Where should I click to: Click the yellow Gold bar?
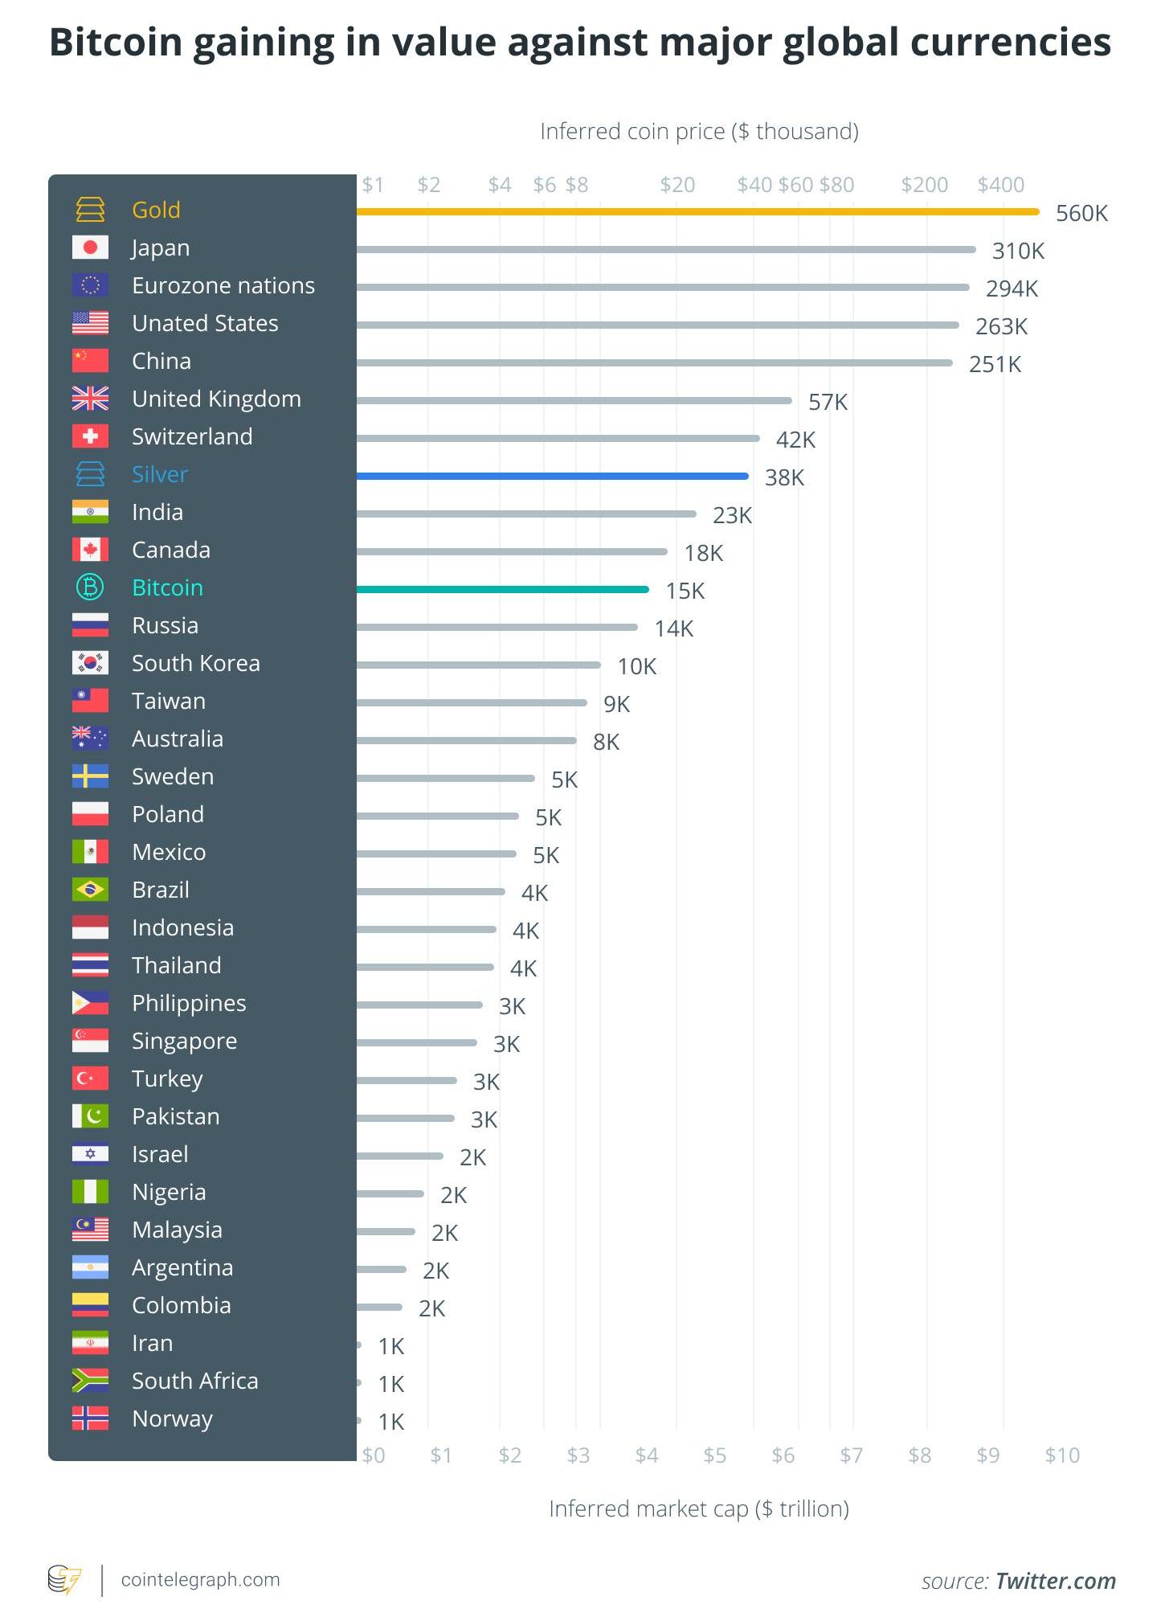697,211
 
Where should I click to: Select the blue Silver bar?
553,476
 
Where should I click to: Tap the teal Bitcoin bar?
502,589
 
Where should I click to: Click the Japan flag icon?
90,248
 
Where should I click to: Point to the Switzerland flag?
90,436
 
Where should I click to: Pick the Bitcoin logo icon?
90,587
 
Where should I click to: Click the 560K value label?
1081,213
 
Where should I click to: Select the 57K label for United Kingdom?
828,402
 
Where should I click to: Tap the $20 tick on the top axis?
677,185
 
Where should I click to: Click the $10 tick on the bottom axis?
1061,1455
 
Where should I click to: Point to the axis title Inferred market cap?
698,1508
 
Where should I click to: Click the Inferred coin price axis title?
699,131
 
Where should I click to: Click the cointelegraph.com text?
200,1579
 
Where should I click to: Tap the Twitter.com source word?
1055,1581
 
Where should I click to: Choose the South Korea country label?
196,663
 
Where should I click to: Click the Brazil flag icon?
90,890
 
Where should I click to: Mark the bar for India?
526,514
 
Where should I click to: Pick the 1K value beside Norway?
391,1422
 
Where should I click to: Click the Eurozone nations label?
223,285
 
